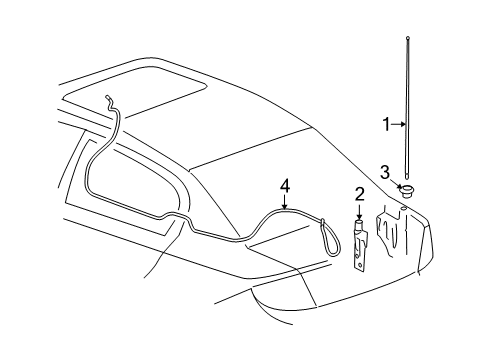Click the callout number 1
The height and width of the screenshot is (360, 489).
click(x=387, y=124)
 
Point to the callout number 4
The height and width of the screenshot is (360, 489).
click(x=284, y=185)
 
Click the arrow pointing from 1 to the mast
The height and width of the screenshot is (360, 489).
click(x=399, y=124)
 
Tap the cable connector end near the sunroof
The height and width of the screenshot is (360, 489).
click(x=105, y=97)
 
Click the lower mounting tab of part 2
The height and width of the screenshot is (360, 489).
click(x=361, y=262)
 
